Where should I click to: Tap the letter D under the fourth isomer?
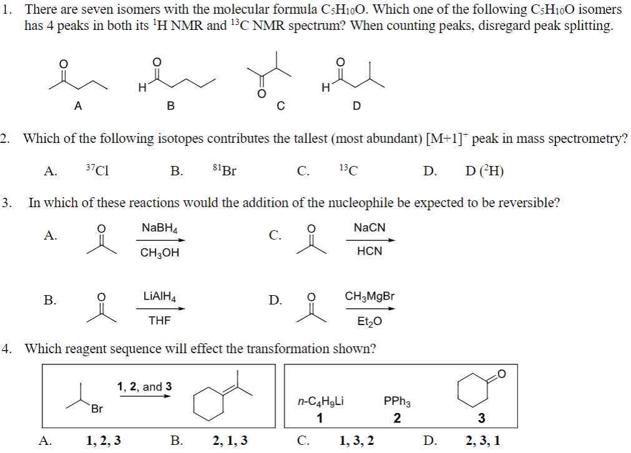356,106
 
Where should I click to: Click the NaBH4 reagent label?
159,229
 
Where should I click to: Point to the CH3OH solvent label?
159,253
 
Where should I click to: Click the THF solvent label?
159,320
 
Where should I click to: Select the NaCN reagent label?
369,229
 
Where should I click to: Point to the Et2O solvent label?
369,321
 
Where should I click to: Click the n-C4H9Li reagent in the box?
320,402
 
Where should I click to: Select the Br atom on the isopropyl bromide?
97,409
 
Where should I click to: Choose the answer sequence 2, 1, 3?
230,441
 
